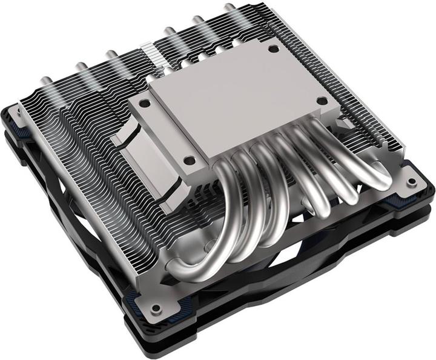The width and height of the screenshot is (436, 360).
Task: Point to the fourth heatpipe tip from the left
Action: [x=167, y=30]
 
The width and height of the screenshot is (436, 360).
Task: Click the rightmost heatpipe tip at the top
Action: [x=228, y=8]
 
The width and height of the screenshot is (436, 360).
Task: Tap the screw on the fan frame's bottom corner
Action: [x=157, y=308]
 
